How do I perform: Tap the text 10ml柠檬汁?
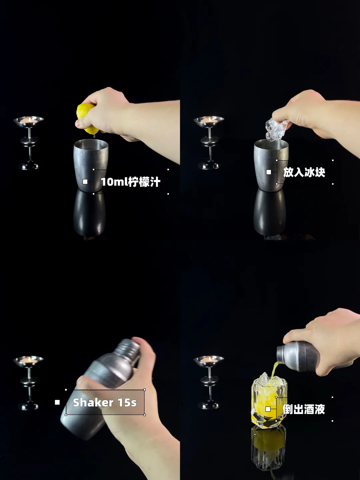coord(130,182)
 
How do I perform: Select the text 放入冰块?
coord(304,172)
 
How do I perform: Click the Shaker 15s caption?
coord(105,403)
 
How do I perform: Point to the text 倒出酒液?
coord(304,409)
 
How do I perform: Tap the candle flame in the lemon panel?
coord(30,119)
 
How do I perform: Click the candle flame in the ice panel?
coord(210,119)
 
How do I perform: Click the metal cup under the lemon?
coord(91,165)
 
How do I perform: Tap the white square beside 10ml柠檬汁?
coord(85,182)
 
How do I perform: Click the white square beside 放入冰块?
coord(269,172)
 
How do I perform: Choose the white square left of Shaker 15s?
coord(57,402)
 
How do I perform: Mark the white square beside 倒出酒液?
coord(268,409)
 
